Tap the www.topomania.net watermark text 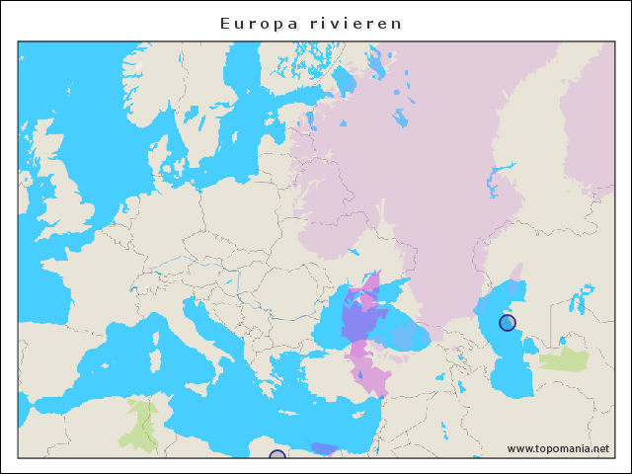tap(558, 448)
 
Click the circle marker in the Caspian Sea tap(507, 323)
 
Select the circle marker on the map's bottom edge tap(277, 455)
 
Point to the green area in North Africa tap(139, 423)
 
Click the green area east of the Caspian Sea tap(565, 359)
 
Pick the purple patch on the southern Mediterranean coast tap(323, 449)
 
